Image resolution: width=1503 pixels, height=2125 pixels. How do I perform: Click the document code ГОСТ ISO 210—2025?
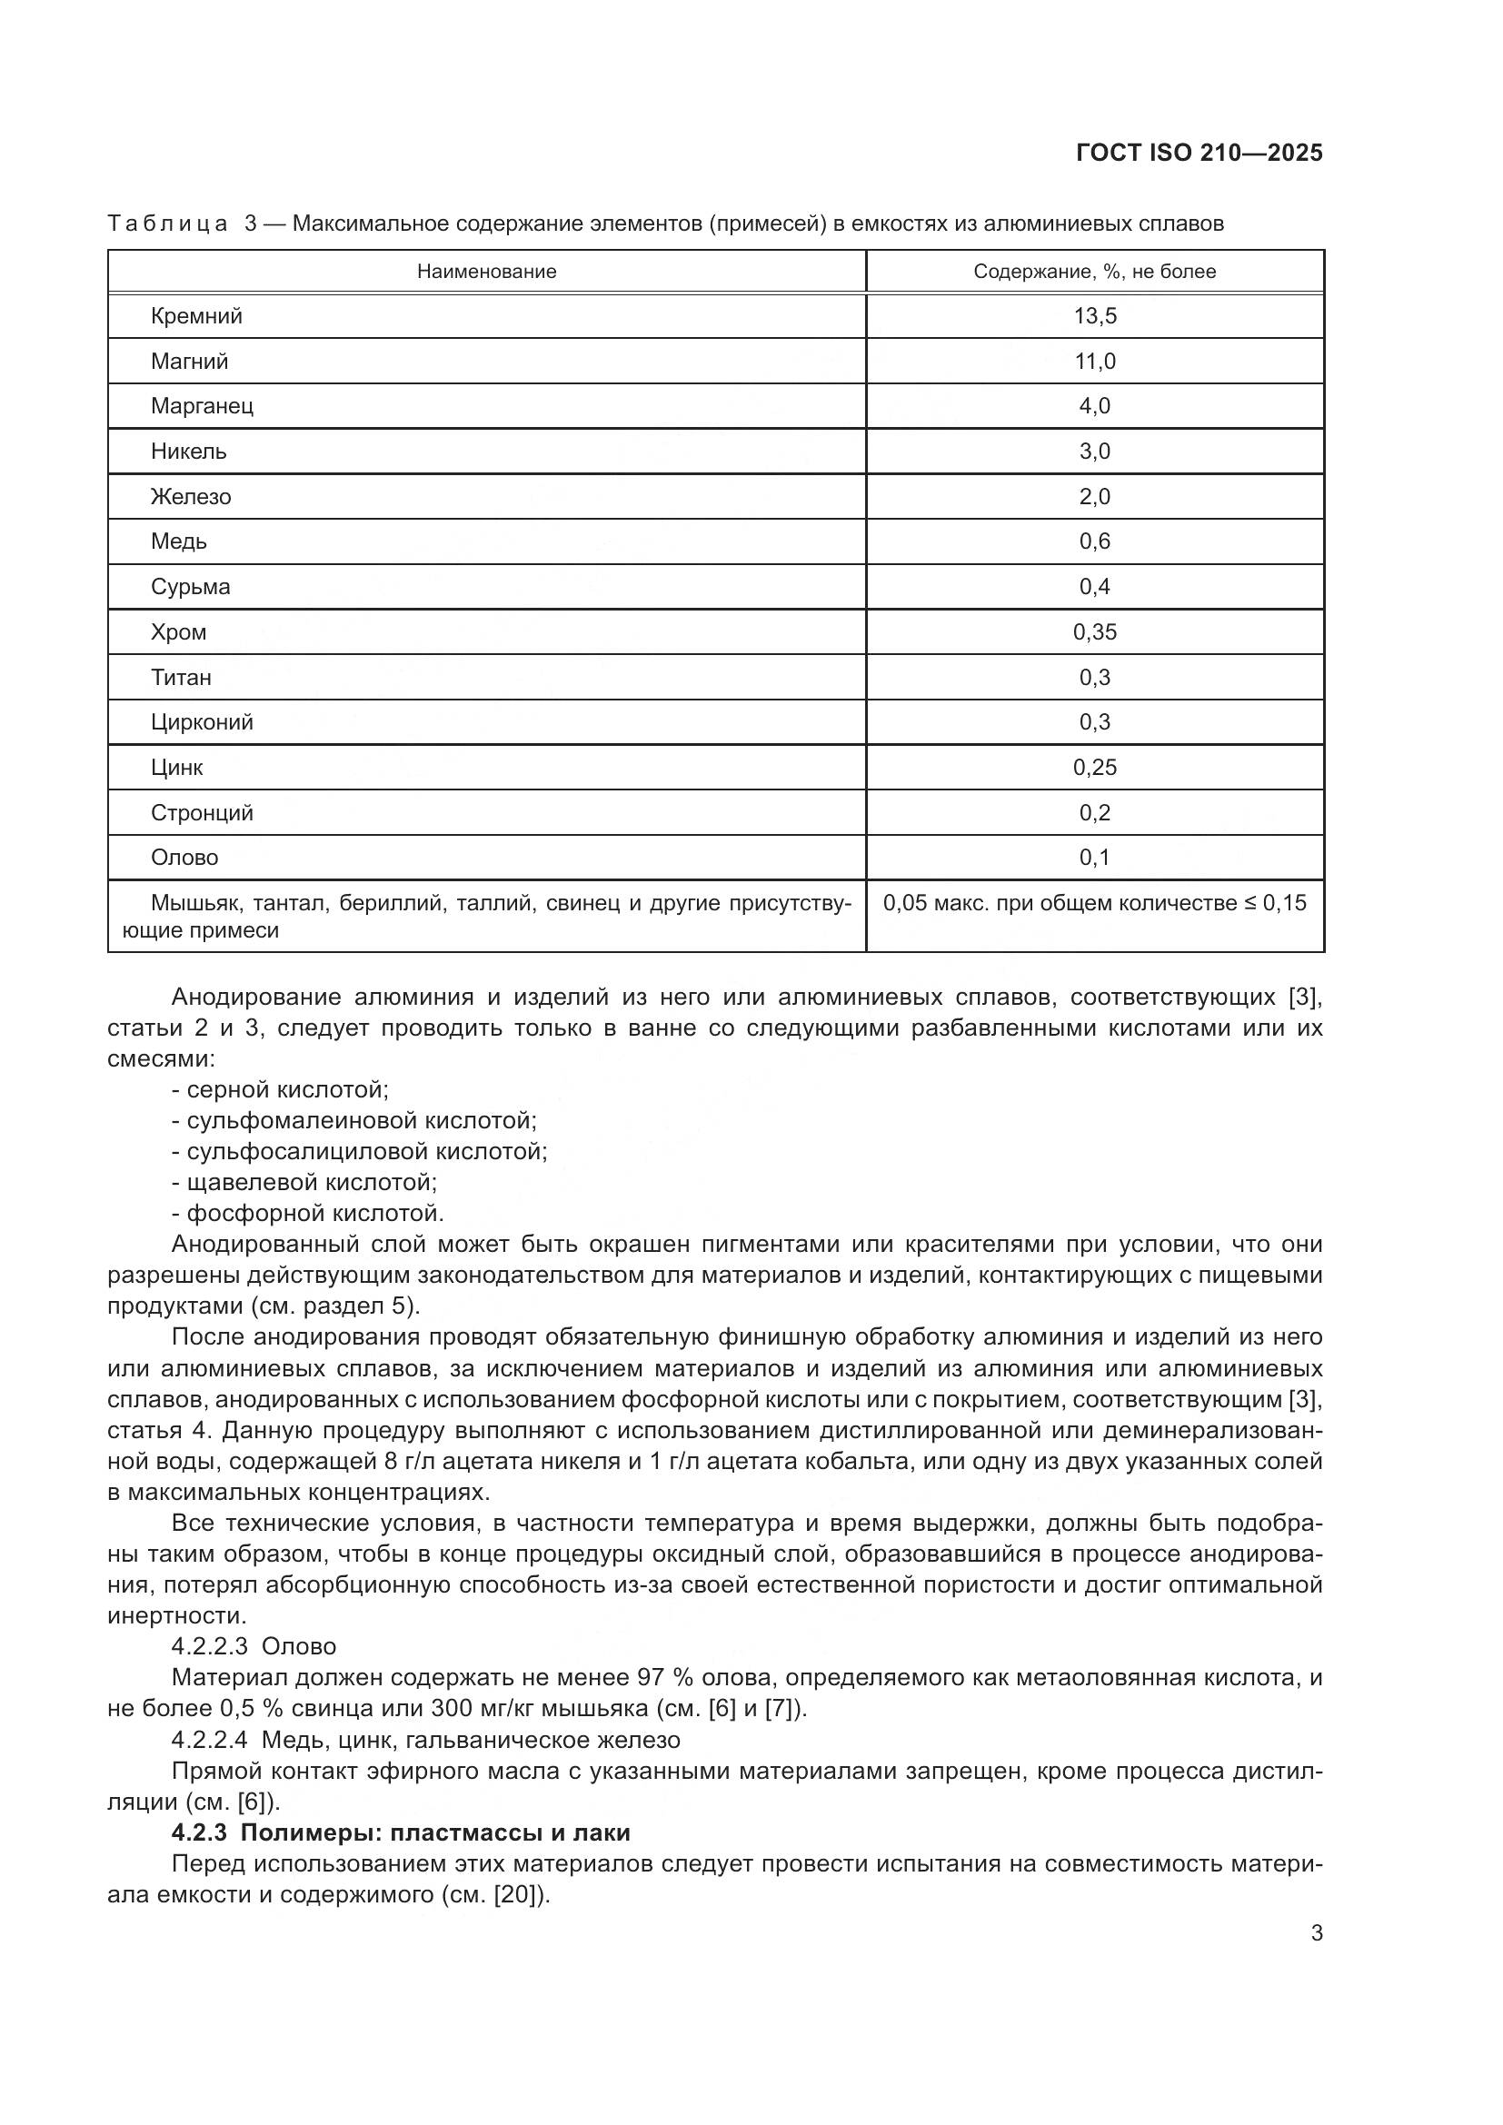point(1199,153)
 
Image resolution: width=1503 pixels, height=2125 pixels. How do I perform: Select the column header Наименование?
point(487,271)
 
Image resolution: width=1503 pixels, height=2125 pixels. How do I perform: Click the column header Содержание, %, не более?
point(1094,271)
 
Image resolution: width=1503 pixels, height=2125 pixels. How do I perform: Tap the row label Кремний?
point(196,315)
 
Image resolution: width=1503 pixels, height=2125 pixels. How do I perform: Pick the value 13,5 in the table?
point(1095,315)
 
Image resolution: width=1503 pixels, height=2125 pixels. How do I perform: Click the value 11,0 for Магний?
point(1095,361)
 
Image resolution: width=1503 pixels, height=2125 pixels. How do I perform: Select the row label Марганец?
point(202,405)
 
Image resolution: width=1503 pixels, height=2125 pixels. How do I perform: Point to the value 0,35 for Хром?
point(1095,632)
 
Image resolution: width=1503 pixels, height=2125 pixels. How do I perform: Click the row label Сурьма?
point(191,587)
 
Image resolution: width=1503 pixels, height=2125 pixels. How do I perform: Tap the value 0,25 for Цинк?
point(1095,768)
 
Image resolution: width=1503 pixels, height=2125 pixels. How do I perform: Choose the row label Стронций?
point(202,812)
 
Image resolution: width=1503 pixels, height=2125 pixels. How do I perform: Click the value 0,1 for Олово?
point(1095,857)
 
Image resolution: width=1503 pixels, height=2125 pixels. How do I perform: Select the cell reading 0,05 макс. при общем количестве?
point(1094,902)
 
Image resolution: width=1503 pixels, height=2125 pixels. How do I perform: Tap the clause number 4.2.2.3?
point(209,1646)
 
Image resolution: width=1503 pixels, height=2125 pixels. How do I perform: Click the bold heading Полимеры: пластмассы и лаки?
point(435,1832)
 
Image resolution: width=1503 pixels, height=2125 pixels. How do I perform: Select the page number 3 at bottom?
point(1317,1933)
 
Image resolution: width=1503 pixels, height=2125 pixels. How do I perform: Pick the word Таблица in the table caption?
point(167,224)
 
